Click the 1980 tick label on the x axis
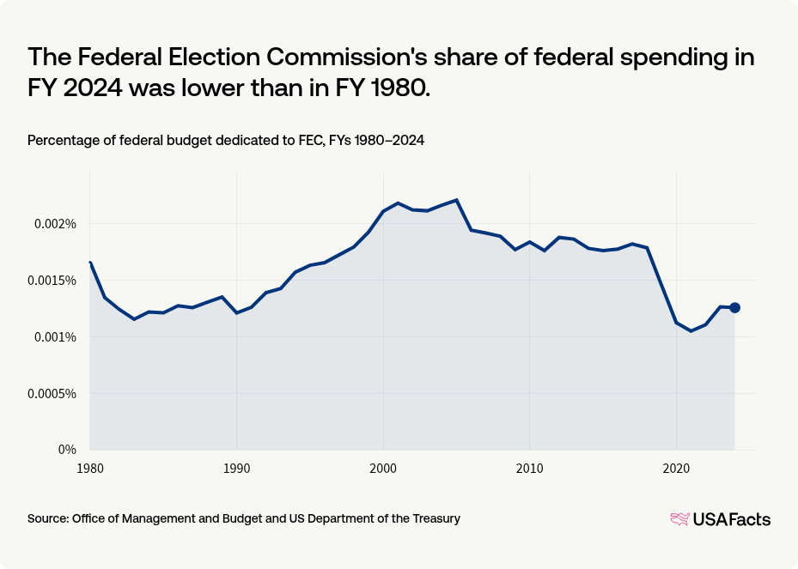tap(90, 469)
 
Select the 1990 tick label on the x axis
tap(236, 469)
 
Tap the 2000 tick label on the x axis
tap(383, 469)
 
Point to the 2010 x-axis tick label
tap(529, 469)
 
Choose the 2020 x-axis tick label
tap(675, 469)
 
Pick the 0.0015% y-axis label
tap(54, 281)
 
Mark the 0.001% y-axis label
tap(58, 337)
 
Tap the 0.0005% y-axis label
tap(54, 394)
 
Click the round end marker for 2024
tap(734, 307)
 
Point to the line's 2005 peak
tap(456, 200)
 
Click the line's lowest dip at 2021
tap(691, 331)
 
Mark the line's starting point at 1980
tap(90, 263)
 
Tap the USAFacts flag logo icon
tap(679, 518)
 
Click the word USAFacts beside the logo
tap(732, 519)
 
